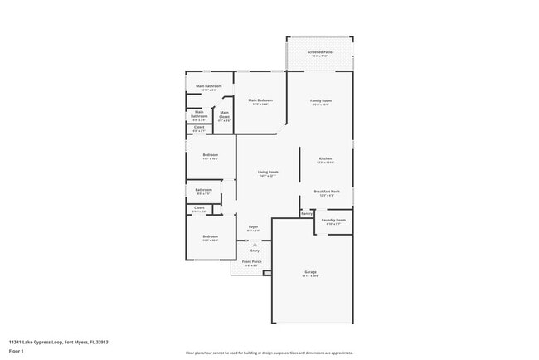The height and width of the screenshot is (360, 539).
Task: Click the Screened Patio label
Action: pyautogui.click(x=319, y=53)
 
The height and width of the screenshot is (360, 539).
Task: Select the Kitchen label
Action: pyautogui.click(x=326, y=159)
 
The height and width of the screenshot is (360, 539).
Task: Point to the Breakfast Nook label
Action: pyautogui.click(x=327, y=192)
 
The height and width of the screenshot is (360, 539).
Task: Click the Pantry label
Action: pyautogui.click(x=307, y=213)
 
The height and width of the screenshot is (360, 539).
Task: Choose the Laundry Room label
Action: pyautogui.click(x=334, y=221)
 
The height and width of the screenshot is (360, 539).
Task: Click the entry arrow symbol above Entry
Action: pyautogui.click(x=255, y=245)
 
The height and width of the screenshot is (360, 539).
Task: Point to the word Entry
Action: pyautogui.click(x=255, y=250)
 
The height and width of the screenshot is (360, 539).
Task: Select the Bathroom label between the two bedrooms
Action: pyautogui.click(x=204, y=191)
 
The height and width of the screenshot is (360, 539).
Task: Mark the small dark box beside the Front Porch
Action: pyautogui.click(x=268, y=271)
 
